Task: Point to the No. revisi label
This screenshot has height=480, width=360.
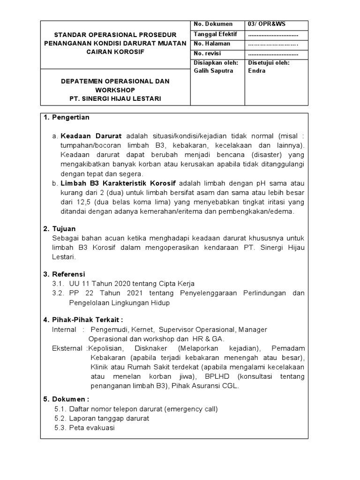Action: (x=207, y=53)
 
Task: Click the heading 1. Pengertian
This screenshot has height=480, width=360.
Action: (x=67, y=117)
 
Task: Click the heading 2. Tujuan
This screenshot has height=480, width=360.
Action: (x=60, y=229)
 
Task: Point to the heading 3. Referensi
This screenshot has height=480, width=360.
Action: (x=65, y=274)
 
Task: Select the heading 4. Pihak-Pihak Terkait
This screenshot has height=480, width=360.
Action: (x=83, y=320)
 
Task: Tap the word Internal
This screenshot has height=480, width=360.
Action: (x=64, y=330)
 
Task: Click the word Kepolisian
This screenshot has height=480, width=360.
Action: (x=106, y=348)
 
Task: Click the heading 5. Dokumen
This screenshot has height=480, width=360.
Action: (x=66, y=399)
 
